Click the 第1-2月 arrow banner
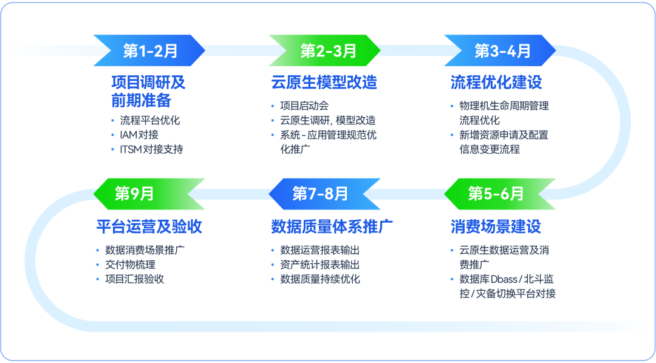point(149,50)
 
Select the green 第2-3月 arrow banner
point(325,50)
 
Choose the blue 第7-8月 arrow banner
point(324,194)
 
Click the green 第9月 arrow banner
point(149,194)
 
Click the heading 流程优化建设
point(496,83)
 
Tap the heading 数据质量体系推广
point(332,227)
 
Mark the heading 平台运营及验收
point(149,227)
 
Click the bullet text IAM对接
point(139,135)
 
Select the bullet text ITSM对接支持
point(151,149)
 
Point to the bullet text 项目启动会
point(304,106)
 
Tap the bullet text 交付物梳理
point(130,265)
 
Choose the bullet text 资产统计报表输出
point(320,265)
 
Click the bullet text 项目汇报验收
point(134,279)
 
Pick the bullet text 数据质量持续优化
point(320,279)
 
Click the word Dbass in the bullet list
point(500,279)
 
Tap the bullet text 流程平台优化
point(150,120)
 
